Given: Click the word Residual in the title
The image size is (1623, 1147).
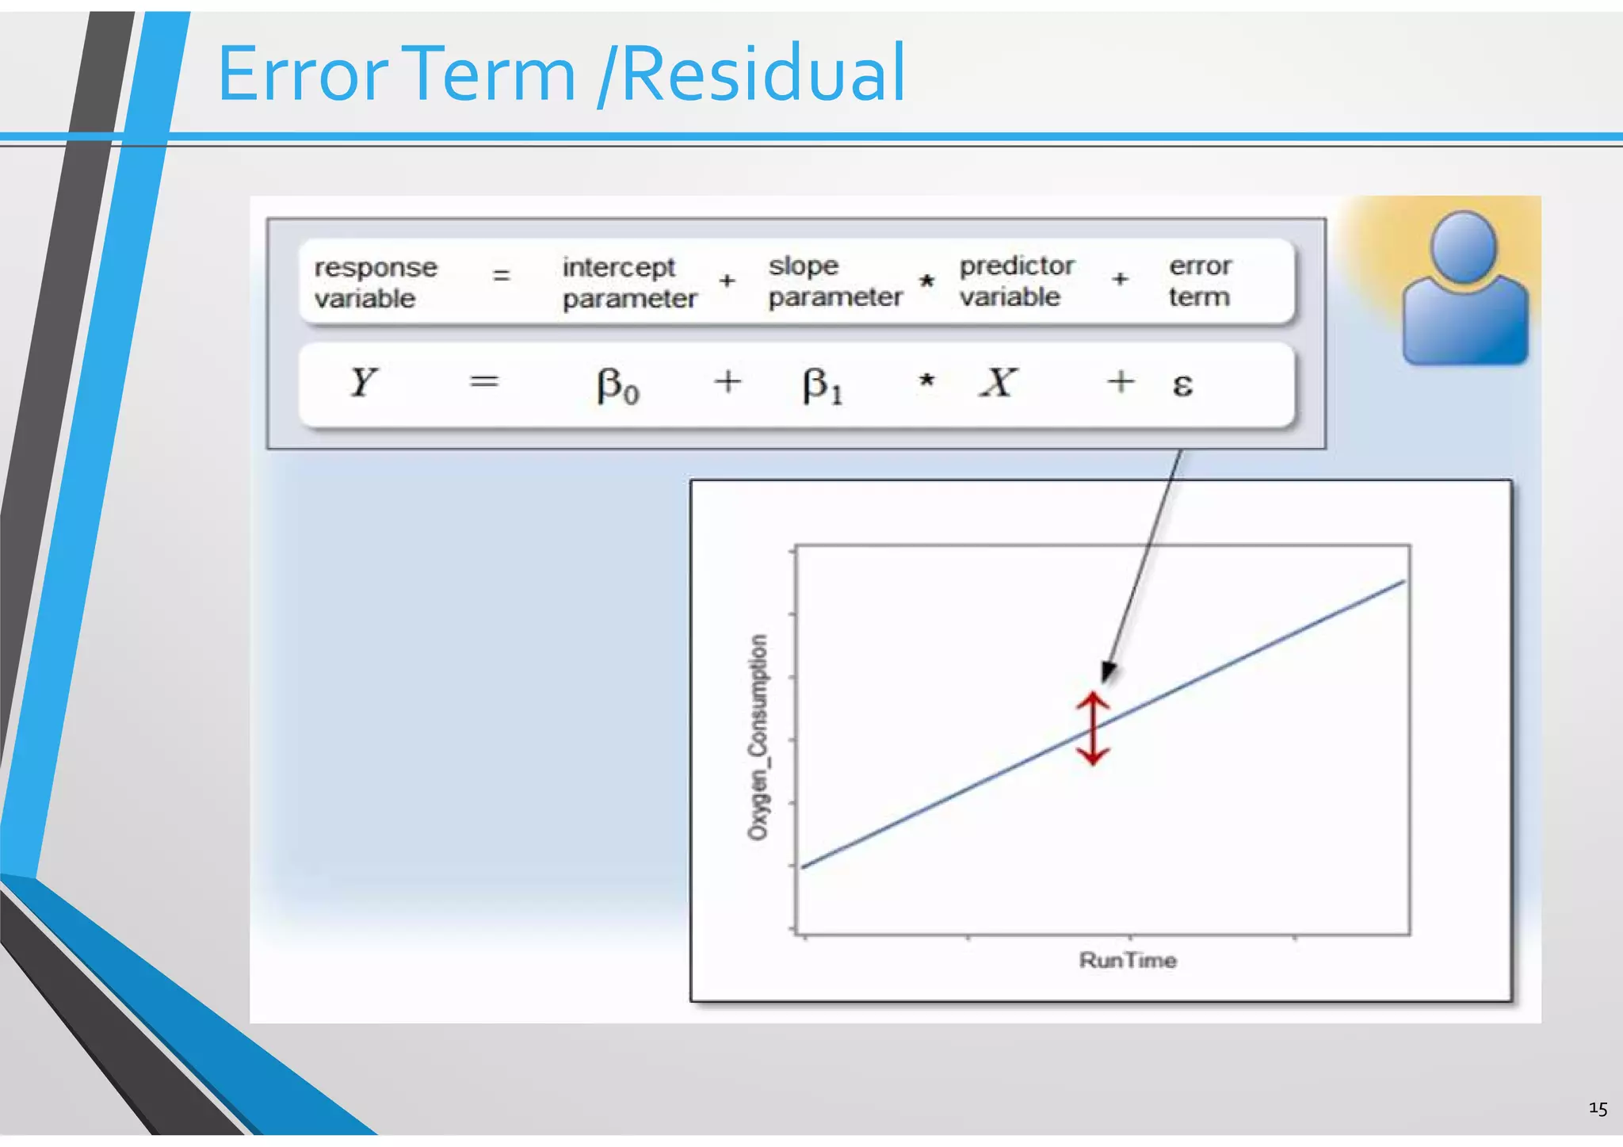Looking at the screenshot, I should point(763,74).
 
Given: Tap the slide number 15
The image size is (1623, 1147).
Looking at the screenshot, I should point(1598,1108).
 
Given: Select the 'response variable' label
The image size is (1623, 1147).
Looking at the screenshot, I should point(375,282).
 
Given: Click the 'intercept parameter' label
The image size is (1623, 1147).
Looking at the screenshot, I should point(629,282).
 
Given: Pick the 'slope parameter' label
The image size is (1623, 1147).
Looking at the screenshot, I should point(834,281).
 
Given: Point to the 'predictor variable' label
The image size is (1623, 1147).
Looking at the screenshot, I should point(1016,281).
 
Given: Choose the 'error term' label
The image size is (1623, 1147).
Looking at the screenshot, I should point(1199,281).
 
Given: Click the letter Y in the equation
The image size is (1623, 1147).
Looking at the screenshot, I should point(363,382).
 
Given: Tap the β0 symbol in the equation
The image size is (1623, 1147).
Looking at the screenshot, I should point(617,386).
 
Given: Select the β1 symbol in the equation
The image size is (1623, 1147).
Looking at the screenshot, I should point(822,386).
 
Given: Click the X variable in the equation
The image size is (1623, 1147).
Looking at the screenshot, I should point(998,382).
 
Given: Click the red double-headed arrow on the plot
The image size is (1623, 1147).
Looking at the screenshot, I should point(1092,728).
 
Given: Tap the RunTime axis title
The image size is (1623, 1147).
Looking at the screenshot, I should point(1128,961).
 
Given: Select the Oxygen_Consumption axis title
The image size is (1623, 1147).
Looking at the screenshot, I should point(758,736).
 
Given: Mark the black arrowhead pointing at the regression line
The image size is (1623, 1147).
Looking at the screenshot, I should point(1109,671).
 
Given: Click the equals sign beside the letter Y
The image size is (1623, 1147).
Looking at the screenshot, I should point(484,382).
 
